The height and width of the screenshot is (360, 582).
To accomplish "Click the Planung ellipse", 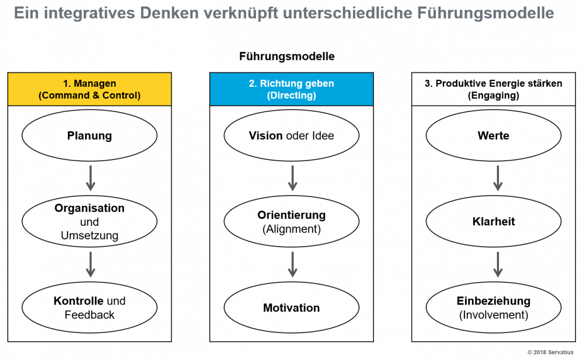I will pos(89,136).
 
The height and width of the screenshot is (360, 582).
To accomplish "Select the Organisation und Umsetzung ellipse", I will pos(89,221).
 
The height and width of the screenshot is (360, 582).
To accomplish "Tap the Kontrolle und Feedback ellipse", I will pos(89,308).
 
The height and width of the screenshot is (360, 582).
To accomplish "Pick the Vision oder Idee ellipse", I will pos(292,136).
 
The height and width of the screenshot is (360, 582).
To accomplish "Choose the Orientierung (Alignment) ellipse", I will pos(292,221).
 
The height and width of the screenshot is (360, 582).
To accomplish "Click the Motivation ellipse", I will pos(292,308).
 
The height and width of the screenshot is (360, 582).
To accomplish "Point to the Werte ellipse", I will pos(493,136).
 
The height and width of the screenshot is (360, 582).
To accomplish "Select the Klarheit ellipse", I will pos(493,221).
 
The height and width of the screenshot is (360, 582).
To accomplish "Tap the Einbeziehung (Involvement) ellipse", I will pos(493,308).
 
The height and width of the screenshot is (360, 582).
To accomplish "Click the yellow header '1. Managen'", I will pos(89,89).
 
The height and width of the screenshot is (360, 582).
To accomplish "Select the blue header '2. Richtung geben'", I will pos(292,89).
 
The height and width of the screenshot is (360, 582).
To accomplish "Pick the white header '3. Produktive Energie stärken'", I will pos(493,89).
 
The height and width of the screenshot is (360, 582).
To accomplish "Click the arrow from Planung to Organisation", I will pos(91,178).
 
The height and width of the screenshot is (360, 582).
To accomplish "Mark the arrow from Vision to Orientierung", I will pos(293,178).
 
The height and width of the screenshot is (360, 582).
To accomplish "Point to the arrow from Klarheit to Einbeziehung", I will pos(498,265).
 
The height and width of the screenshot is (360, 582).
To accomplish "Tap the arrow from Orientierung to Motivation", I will pos(293,265).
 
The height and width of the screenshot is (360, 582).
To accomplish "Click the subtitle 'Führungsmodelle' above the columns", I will pos(287,57).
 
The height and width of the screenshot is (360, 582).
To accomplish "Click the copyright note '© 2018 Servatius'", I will pos(550,352).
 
